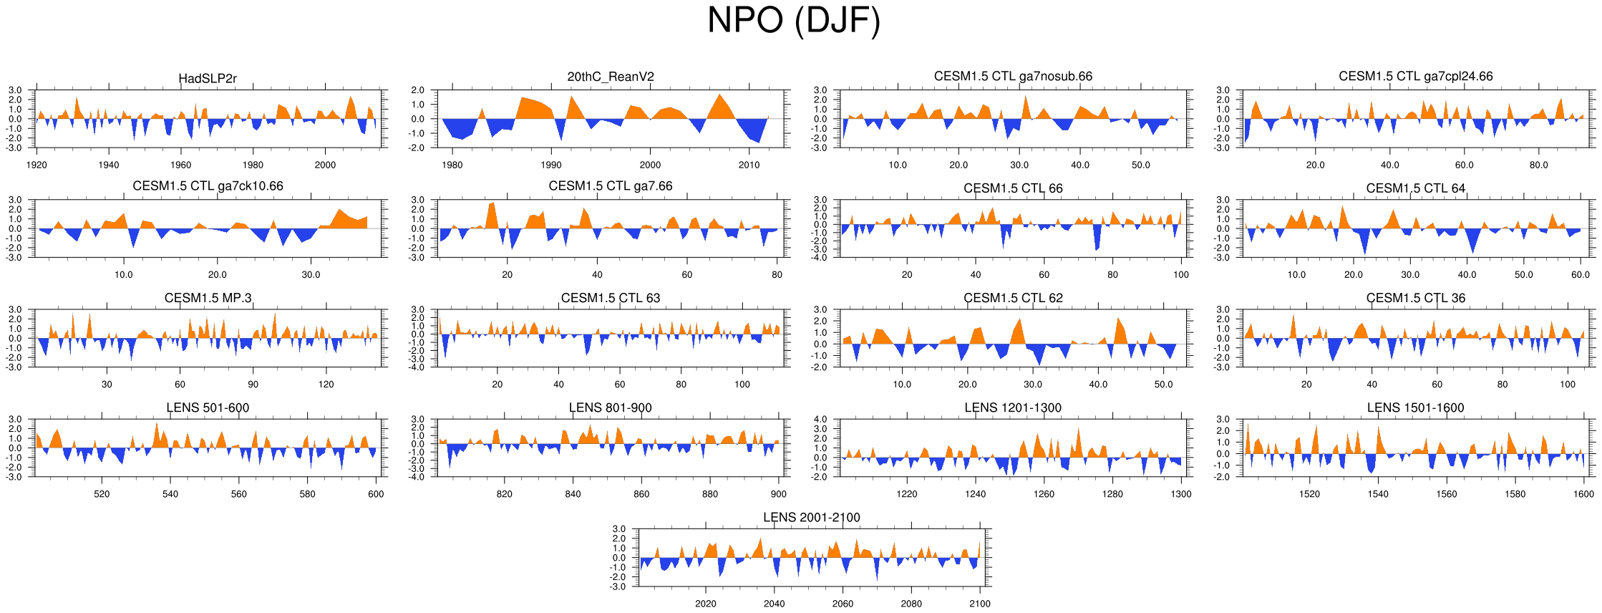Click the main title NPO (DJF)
pyautogui.click(x=793, y=20)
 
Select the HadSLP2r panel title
pyautogui.click(x=208, y=79)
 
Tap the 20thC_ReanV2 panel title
pyautogui.click(x=611, y=77)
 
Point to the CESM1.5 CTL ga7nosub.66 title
pyautogui.click(x=1013, y=76)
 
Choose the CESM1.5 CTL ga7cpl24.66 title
pyautogui.click(x=1415, y=76)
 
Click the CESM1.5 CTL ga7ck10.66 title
pyautogui.click(x=208, y=186)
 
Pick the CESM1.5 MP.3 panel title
pyautogui.click(x=208, y=298)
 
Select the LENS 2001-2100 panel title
pyautogui.click(x=811, y=517)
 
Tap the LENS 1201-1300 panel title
pyautogui.click(x=1013, y=407)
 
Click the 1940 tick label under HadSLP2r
pyautogui.click(x=109, y=165)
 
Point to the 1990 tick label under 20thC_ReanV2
pyautogui.click(x=551, y=165)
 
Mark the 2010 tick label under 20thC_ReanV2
pyautogui.click(x=749, y=165)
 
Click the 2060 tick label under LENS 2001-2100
pyautogui.click(x=843, y=604)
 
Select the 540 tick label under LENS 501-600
pyautogui.click(x=170, y=494)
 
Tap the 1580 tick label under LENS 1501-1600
pyautogui.click(x=1515, y=494)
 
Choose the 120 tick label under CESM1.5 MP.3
pyautogui.click(x=326, y=385)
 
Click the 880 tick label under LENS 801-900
pyautogui.click(x=709, y=494)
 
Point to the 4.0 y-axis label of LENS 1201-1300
pyautogui.click(x=820, y=420)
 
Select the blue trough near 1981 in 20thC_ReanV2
pyautogui.click(x=462, y=136)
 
